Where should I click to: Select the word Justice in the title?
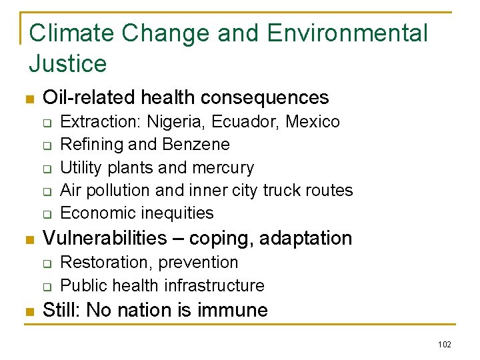tap(67, 64)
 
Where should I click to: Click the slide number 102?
tap(445, 344)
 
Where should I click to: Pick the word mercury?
tap(223, 167)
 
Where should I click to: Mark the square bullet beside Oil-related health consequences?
tap(29, 99)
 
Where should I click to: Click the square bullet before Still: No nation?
tap(29, 311)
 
